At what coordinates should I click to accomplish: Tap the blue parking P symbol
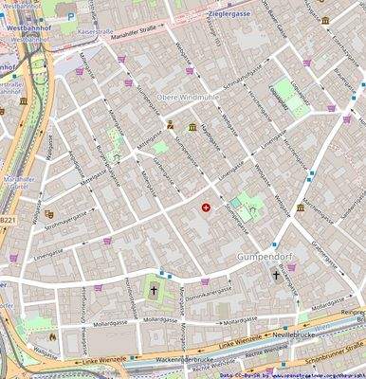[70, 14]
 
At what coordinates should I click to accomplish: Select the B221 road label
[8, 220]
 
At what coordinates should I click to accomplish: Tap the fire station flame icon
[54, 335]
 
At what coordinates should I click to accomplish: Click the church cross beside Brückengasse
[277, 276]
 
